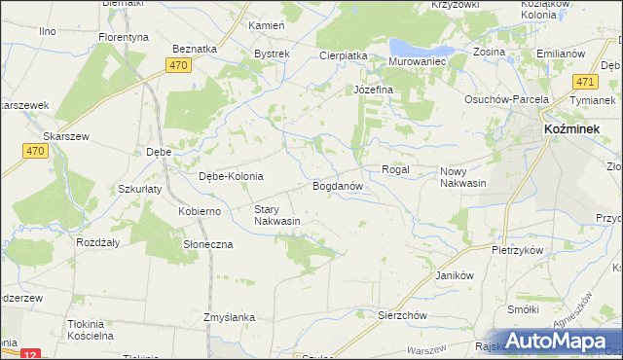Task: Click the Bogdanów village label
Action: click(338, 185)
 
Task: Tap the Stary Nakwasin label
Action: click(276, 215)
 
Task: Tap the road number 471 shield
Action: click(585, 83)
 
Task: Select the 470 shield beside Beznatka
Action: click(176, 65)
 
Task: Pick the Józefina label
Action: click(372, 90)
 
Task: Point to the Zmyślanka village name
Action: click(229, 317)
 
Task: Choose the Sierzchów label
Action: click(403, 315)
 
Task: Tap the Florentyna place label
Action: click(123, 37)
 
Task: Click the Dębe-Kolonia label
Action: click(231, 176)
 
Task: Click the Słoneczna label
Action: click(208, 244)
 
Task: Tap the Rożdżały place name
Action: click(98, 242)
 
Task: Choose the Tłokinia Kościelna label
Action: click(77, 329)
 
